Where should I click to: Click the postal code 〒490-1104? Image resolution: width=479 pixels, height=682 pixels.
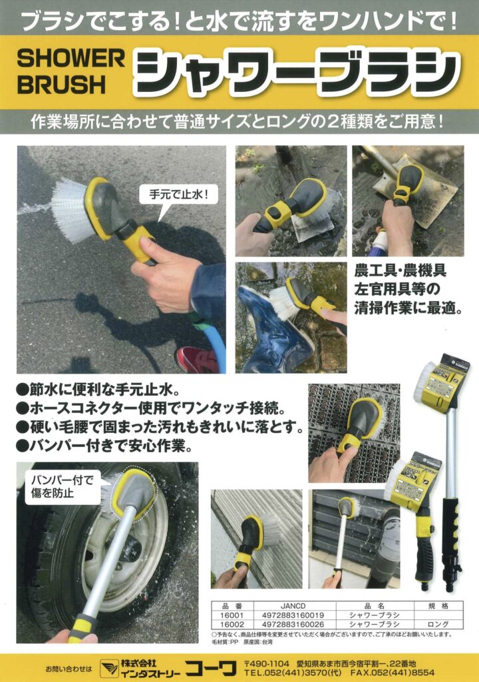point(266,663)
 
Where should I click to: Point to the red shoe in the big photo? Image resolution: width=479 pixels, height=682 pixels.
point(196,359)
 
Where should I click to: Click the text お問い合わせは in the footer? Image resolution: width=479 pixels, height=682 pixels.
point(69,668)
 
